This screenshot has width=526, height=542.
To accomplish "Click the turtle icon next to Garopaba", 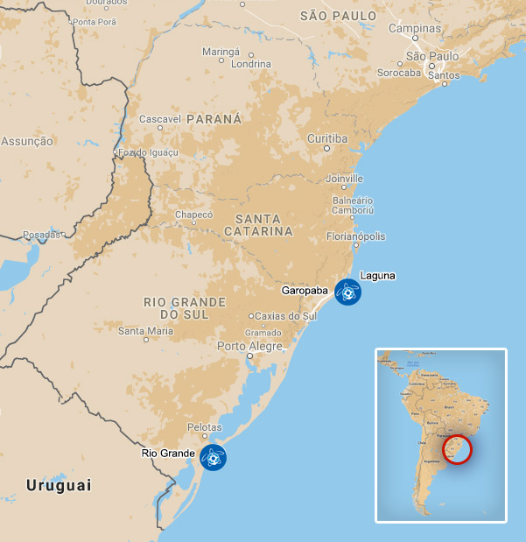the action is click(347, 292).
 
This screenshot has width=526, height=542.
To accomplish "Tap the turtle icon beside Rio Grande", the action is click(213, 457).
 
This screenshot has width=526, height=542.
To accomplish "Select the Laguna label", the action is click(377, 275).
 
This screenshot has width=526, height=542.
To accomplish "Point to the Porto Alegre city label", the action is click(250, 346).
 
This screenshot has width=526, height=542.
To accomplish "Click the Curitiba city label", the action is click(327, 138).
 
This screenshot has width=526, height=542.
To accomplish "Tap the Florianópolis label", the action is click(354, 236).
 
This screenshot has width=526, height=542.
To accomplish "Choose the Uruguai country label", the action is click(59, 485).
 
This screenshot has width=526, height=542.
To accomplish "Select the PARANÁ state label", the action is click(215, 118).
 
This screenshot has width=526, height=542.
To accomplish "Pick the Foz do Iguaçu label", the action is click(149, 152).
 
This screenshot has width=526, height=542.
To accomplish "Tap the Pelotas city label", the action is click(205, 427).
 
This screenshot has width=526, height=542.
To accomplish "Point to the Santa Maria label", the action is click(145, 331).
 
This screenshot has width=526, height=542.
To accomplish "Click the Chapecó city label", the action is click(194, 215).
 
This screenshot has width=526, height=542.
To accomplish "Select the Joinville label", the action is click(344, 179).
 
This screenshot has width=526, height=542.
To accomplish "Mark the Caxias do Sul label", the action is click(285, 315).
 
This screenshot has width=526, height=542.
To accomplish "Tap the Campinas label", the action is click(415, 28).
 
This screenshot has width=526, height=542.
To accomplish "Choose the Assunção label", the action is click(27, 141).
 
